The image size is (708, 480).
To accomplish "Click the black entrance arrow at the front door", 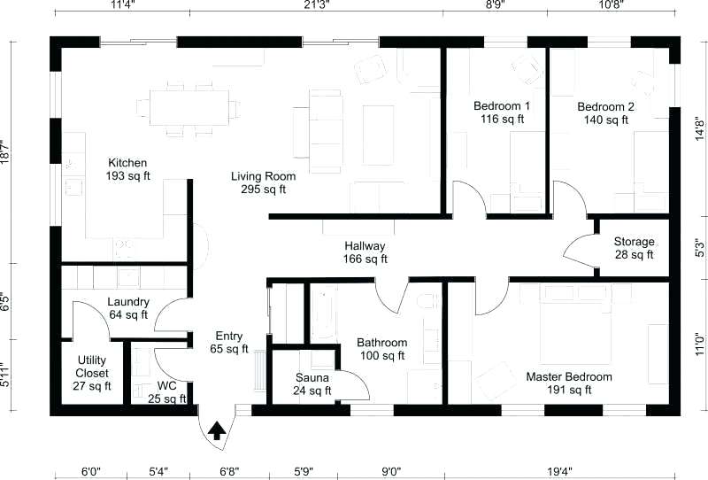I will coord(215,430).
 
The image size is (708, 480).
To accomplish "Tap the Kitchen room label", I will coord(127,169).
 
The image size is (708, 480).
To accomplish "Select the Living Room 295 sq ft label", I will coord(264,182).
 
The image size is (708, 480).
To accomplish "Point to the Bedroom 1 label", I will coord(502,112).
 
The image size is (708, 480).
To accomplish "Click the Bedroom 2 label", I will coord(606,112).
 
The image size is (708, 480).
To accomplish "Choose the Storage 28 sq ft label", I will coord(634,248).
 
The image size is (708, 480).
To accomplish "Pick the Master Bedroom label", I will coord(569,383).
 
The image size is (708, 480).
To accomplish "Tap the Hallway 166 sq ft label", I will coord(365,252).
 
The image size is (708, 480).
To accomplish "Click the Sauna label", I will coord(312,383).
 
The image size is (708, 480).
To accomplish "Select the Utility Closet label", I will coord(92,372).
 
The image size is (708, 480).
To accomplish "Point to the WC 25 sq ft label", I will coord(166,391).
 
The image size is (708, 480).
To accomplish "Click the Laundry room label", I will coord(127,307).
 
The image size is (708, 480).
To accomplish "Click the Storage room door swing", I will coord(579,252).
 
